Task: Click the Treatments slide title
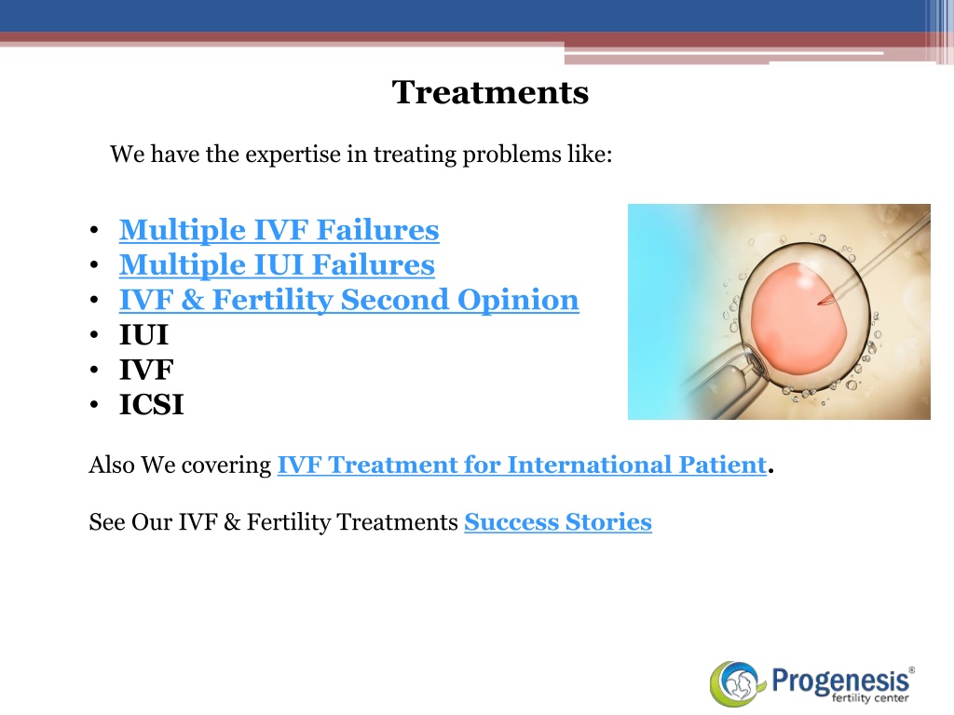point(490,92)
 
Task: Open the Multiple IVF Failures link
point(279,230)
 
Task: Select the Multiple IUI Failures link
point(277,265)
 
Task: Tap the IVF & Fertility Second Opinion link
point(349,301)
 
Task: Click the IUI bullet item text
point(143,335)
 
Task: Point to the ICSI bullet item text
point(152,405)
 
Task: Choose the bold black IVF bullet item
point(146,370)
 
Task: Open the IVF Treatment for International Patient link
point(522,465)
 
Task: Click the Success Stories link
point(558,522)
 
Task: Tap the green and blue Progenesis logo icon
point(735,684)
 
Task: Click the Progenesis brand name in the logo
point(841,680)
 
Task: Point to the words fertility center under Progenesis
point(870,698)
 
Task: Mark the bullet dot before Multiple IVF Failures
point(94,231)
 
